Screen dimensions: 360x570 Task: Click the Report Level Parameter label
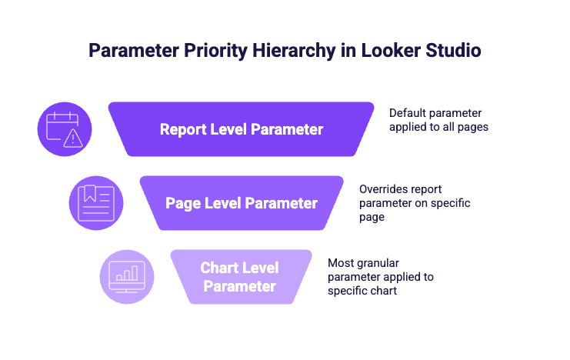pos(242,129)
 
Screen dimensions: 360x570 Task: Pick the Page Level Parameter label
pos(242,203)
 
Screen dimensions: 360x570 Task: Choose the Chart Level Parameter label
pos(240,277)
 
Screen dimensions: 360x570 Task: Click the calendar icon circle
pos(65,129)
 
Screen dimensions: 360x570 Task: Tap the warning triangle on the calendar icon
pos(73,138)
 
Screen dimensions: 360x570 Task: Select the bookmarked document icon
pos(96,203)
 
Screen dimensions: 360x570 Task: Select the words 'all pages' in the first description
pos(465,127)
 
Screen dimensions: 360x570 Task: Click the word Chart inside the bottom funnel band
pos(218,268)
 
